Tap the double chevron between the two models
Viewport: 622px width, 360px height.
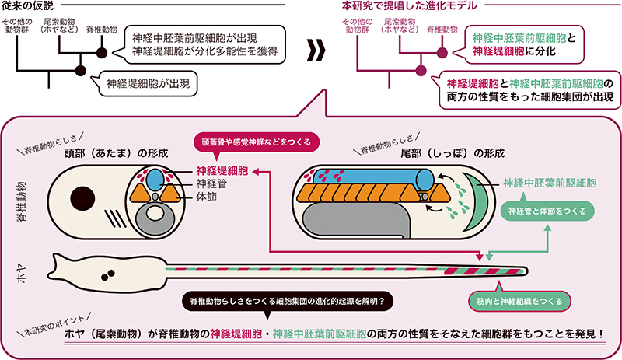pos(315,52)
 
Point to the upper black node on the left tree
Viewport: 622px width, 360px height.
pos(101,52)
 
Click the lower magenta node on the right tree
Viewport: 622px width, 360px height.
pos(421,72)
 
